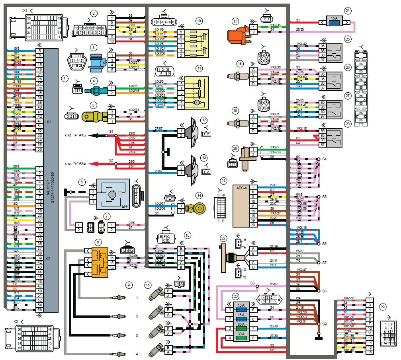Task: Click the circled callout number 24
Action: tap(348, 11)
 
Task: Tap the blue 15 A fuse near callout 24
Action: tap(333, 19)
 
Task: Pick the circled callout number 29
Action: tap(383, 307)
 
